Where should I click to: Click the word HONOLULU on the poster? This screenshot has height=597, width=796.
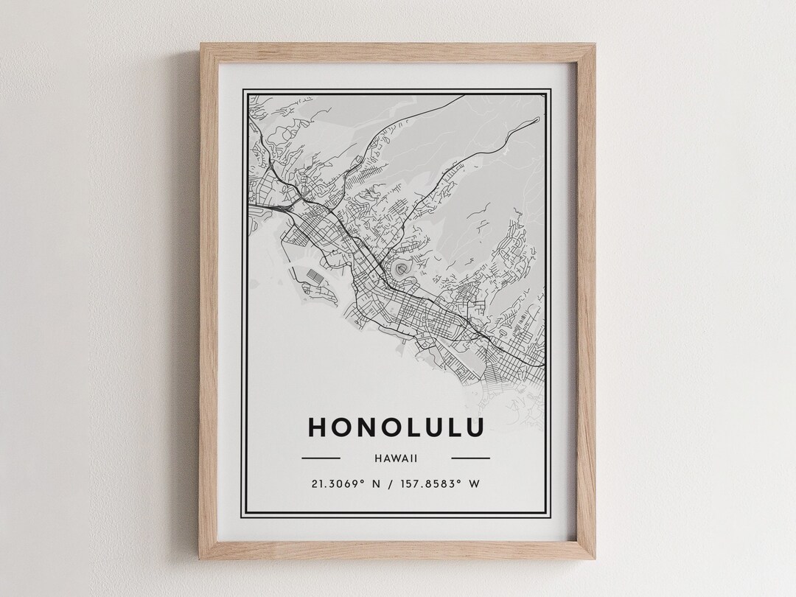pos(396,427)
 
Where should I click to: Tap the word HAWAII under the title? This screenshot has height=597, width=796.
pos(396,458)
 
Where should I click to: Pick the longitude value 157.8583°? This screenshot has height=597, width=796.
pos(429,484)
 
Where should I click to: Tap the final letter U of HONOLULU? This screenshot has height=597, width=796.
pos(475,427)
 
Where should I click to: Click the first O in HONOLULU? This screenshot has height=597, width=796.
pos(340,427)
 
